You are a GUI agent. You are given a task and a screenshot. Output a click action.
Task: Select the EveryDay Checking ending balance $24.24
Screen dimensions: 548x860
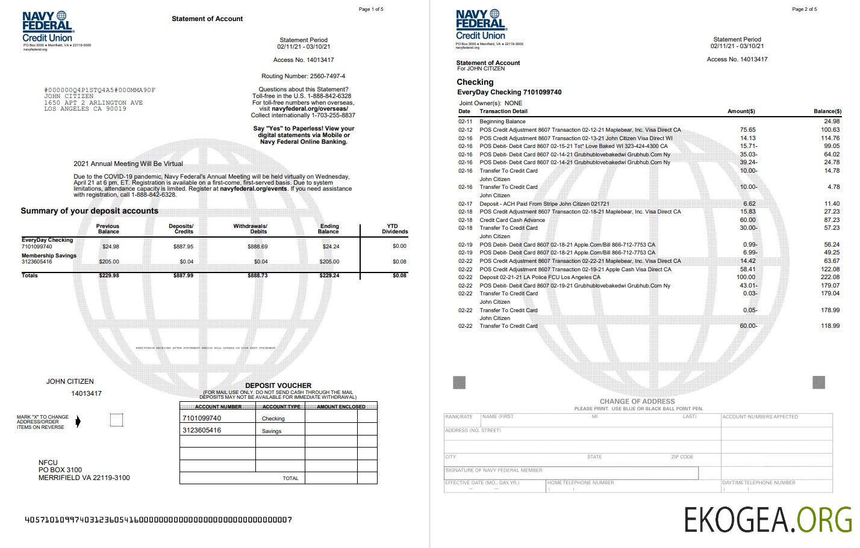[331, 246]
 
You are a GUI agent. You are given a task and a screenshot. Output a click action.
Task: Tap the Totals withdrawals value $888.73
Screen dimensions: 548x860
[258, 276]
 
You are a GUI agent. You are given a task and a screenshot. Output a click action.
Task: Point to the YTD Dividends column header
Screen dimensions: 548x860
[394, 229]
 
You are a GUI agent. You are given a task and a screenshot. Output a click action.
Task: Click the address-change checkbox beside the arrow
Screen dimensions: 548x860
[117, 420]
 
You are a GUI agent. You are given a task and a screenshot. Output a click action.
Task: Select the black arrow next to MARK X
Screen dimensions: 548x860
[78, 422]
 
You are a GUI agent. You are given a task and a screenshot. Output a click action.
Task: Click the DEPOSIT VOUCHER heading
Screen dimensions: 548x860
[278, 386]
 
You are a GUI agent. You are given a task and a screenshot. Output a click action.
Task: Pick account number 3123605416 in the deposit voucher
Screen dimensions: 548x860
[202, 430]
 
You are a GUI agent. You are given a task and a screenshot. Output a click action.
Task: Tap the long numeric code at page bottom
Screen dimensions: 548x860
[158, 520]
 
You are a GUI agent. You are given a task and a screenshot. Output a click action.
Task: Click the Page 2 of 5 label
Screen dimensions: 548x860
[805, 9]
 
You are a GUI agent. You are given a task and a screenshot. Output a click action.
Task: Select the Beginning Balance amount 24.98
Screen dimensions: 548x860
[831, 122]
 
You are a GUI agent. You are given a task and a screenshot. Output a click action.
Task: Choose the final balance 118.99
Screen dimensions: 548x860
[830, 326]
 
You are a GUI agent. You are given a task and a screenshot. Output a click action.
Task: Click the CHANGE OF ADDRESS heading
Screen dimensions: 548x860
[637, 401]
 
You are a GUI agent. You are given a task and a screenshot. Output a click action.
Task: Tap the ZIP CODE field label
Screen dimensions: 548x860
[682, 457]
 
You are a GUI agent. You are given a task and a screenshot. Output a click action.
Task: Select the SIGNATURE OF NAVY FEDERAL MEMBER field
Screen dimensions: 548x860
[571, 473]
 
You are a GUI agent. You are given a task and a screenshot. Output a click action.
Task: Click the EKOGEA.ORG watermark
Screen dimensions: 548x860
[768, 519]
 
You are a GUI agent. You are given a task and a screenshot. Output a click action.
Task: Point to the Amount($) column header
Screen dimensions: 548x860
[741, 111]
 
